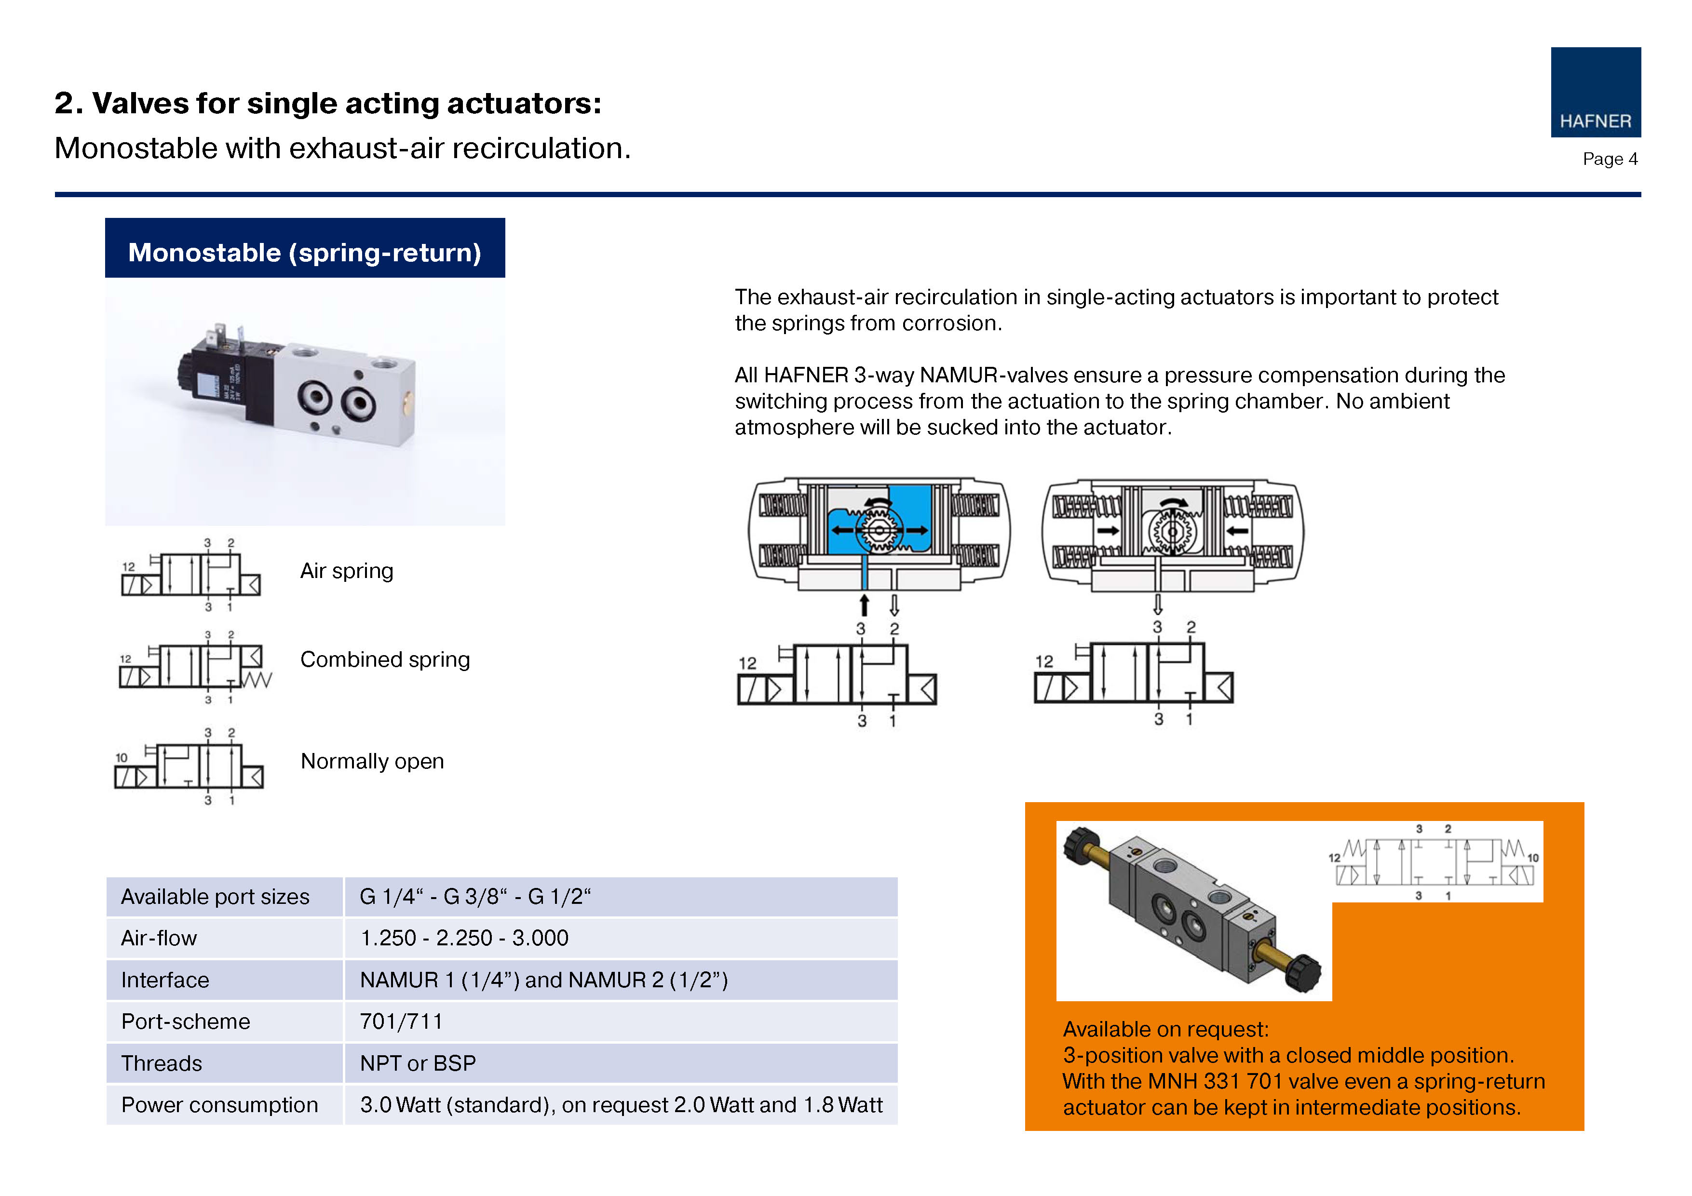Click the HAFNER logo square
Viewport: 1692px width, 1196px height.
pyautogui.click(x=1596, y=92)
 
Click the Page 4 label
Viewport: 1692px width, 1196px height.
pyautogui.click(x=1610, y=159)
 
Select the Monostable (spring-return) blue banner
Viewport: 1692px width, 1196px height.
pyautogui.click(x=305, y=248)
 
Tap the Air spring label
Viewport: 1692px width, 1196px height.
pyautogui.click(x=346, y=571)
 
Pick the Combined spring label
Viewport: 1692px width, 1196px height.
pyautogui.click(x=385, y=659)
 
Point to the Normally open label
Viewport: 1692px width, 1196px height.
pyautogui.click(x=372, y=761)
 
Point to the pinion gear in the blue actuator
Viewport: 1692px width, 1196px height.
pyautogui.click(x=879, y=530)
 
